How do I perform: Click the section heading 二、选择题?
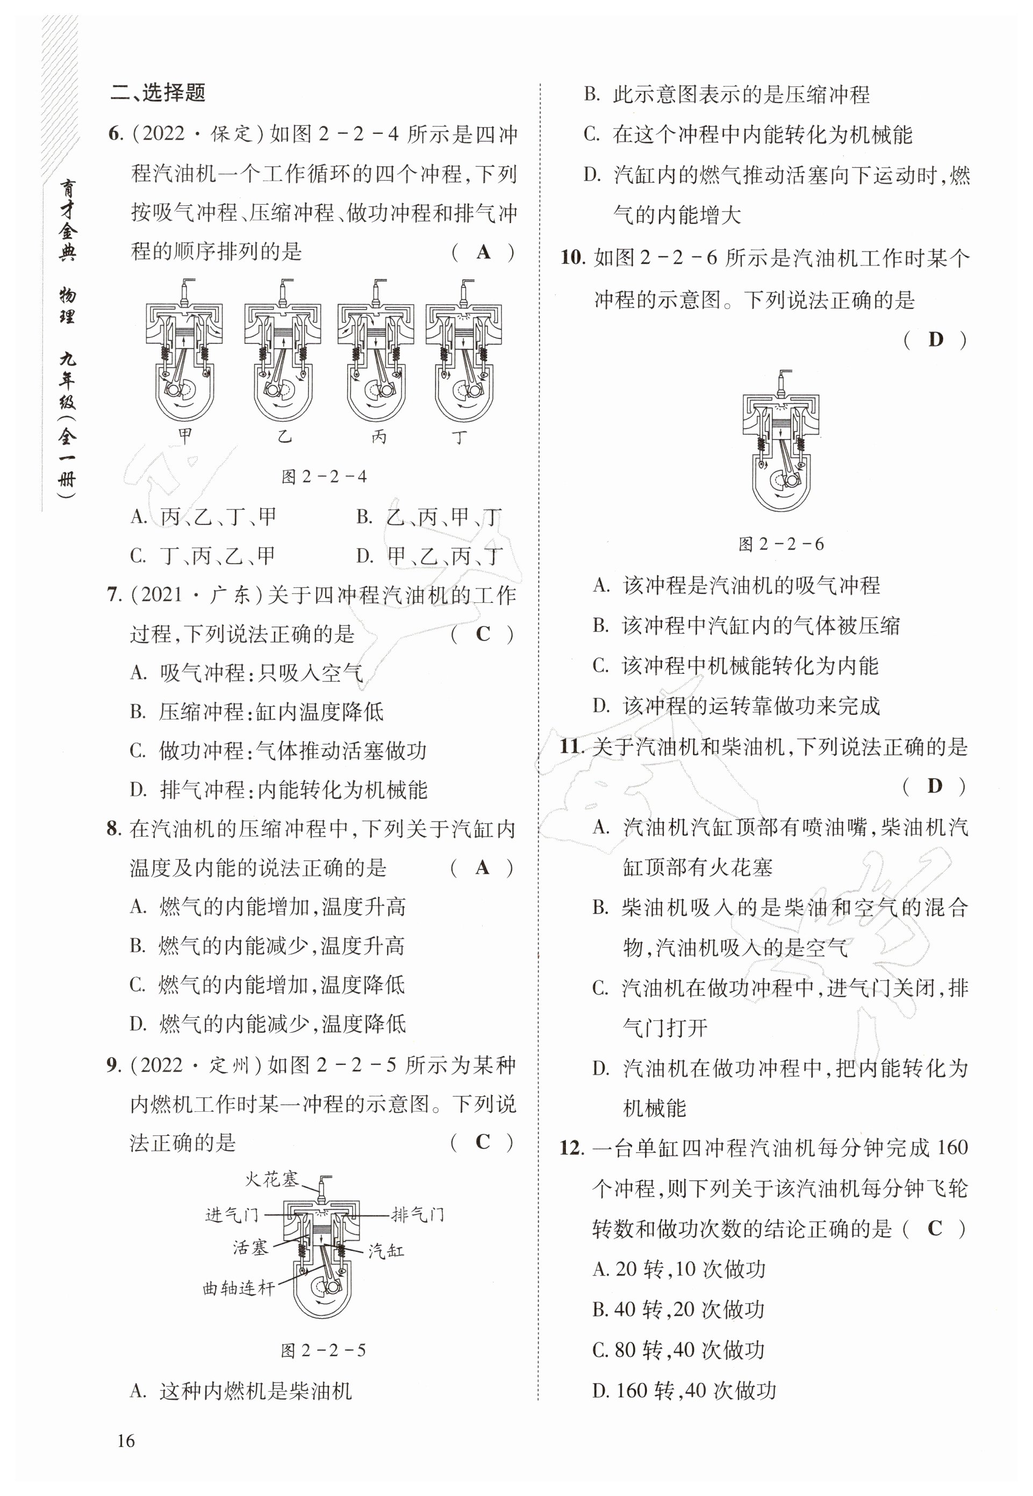tap(157, 93)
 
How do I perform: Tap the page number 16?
tap(126, 1440)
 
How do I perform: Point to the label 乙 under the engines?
tap(284, 437)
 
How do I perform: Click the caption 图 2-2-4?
tap(324, 477)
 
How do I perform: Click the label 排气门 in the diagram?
tap(418, 1214)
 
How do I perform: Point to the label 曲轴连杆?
tap(239, 1288)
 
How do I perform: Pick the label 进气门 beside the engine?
tap(232, 1215)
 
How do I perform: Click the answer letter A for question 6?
tap(483, 251)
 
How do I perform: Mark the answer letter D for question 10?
tap(935, 339)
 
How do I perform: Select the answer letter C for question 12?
tap(935, 1227)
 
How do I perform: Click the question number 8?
tap(114, 829)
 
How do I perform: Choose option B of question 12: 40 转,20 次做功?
tap(678, 1309)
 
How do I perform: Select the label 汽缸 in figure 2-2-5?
tap(386, 1251)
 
